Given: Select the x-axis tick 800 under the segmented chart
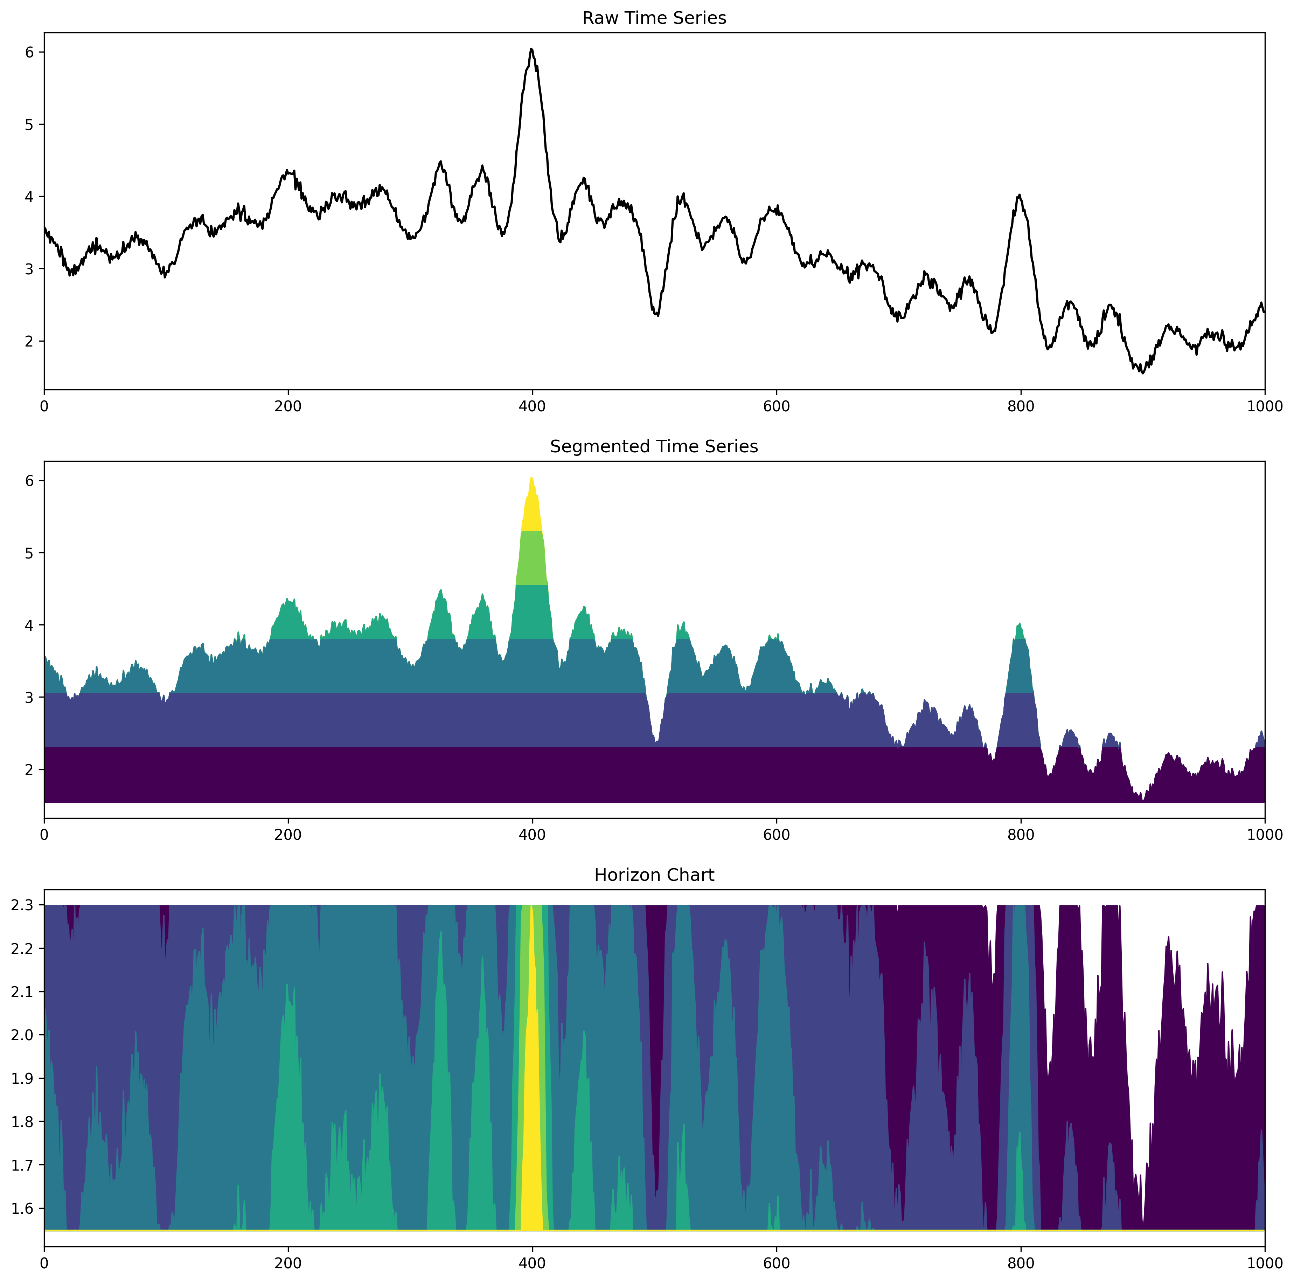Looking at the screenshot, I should point(1021,835).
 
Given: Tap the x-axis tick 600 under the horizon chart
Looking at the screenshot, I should point(776,1264).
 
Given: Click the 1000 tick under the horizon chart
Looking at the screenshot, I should point(1265,1264).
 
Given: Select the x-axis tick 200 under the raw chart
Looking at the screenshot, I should point(288,406).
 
